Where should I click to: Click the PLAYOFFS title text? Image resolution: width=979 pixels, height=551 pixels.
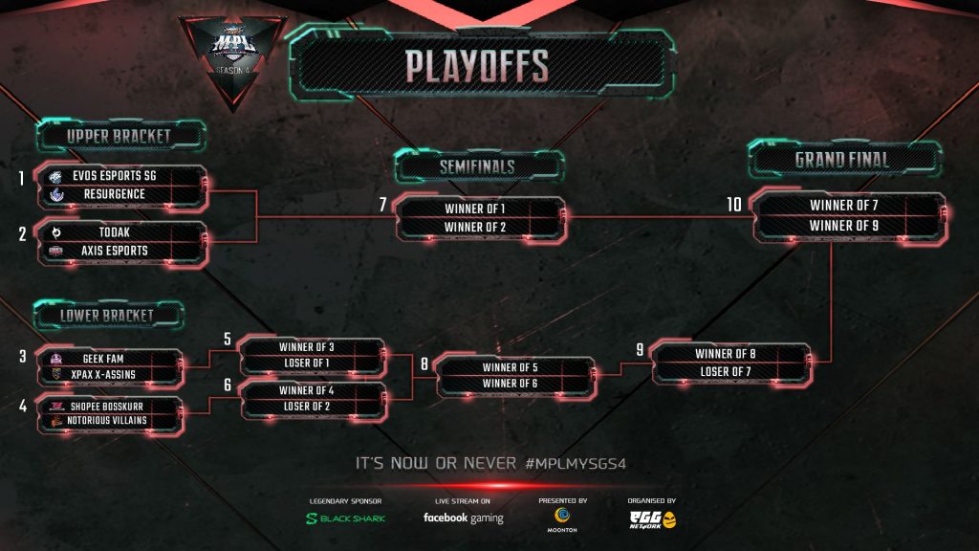click(476, 66)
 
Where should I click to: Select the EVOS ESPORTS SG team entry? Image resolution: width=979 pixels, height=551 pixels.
click(120, 177)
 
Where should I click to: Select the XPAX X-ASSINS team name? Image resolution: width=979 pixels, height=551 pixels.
click(112, 374)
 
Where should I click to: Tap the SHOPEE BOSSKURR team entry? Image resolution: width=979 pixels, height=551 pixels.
click(112, 406)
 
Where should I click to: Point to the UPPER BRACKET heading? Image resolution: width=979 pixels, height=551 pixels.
click(119, 137)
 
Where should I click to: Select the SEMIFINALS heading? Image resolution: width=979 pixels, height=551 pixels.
click(477, 166)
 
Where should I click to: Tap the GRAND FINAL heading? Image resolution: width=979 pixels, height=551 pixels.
click(842, 160)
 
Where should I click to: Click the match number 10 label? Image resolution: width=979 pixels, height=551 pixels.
click(734, 205)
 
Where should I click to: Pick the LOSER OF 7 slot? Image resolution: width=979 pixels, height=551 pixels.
click(731, 371)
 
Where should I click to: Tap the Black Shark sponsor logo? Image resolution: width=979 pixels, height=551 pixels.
click(332, 518)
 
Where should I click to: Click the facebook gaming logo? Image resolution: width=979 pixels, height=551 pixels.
click(463, 518)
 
